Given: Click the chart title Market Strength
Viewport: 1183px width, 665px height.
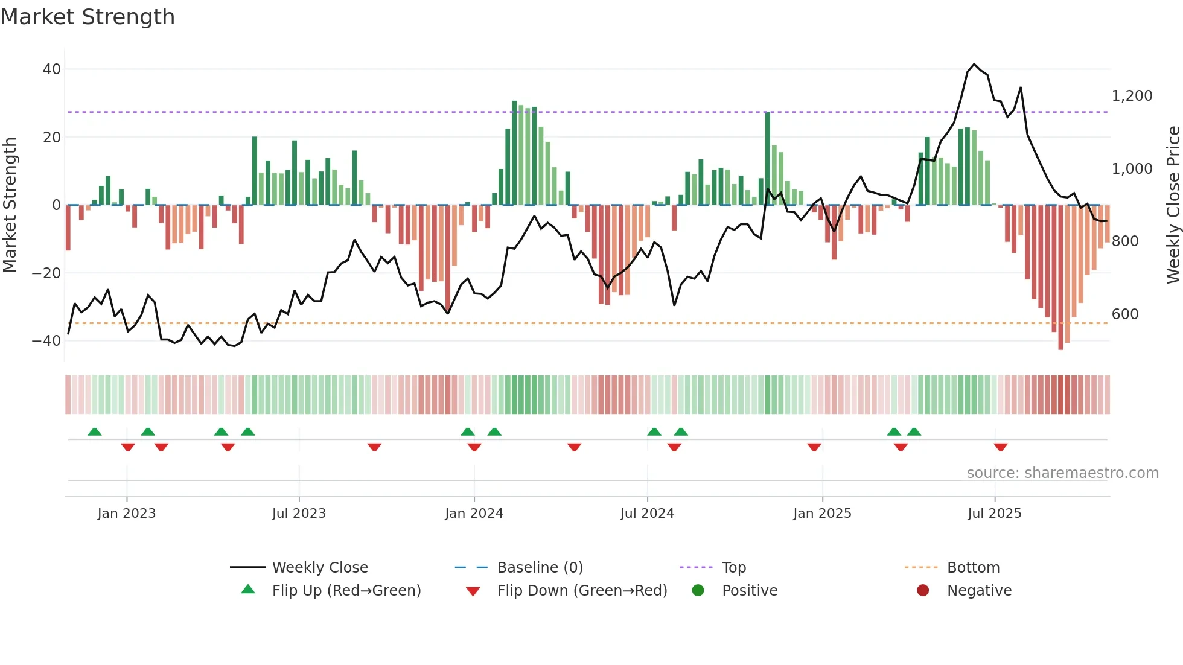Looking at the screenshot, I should (88, 17).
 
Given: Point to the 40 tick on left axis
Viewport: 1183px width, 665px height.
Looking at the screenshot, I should (51, 69).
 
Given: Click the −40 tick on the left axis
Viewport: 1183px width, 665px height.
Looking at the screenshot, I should (46, 341).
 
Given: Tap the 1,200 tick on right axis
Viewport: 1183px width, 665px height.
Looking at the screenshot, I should (1132, 96).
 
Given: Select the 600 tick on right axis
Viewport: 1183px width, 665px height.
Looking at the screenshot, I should (1125, 314).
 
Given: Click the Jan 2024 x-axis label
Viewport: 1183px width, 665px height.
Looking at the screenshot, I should (474, 514).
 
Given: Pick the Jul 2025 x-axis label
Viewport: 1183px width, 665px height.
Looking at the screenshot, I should (994, 514).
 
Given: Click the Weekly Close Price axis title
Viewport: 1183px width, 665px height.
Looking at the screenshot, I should (1173, 205).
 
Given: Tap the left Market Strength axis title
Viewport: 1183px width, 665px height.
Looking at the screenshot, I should (10, 205).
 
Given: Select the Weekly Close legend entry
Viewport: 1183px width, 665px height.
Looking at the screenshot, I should (319, 568).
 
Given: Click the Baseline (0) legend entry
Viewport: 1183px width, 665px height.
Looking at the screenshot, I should (540, 568).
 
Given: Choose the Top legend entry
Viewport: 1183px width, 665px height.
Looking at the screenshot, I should (733, 568).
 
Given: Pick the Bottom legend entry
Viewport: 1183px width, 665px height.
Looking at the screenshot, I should (973, 568).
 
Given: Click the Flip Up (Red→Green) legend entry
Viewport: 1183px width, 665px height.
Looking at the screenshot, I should (346, 591).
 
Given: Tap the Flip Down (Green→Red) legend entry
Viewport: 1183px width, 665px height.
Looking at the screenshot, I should (582, 591).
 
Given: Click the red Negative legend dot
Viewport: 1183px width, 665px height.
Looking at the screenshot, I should (923, 591).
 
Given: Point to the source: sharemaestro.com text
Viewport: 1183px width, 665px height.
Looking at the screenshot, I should (1062, 473).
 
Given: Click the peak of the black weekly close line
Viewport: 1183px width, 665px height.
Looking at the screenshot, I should (974, 64).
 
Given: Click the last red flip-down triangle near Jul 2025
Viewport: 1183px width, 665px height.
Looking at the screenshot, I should (1001, 447).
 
